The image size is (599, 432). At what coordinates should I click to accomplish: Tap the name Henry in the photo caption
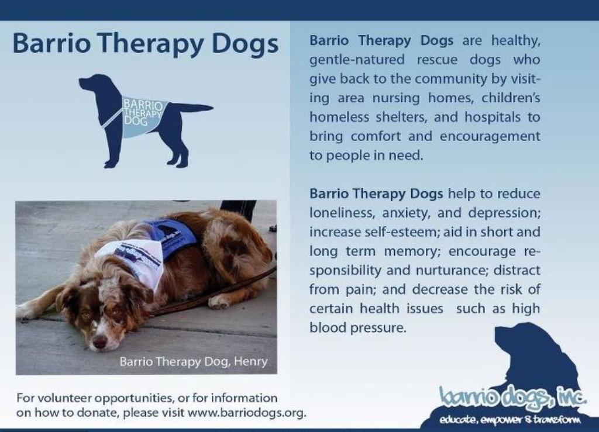[x=250, y=362]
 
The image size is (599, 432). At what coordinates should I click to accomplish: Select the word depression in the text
[x=504, y=213]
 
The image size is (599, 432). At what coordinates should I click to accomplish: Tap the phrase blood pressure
[x=357, y=327]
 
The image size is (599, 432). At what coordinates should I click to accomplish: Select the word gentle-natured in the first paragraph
[x=357, y=60]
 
